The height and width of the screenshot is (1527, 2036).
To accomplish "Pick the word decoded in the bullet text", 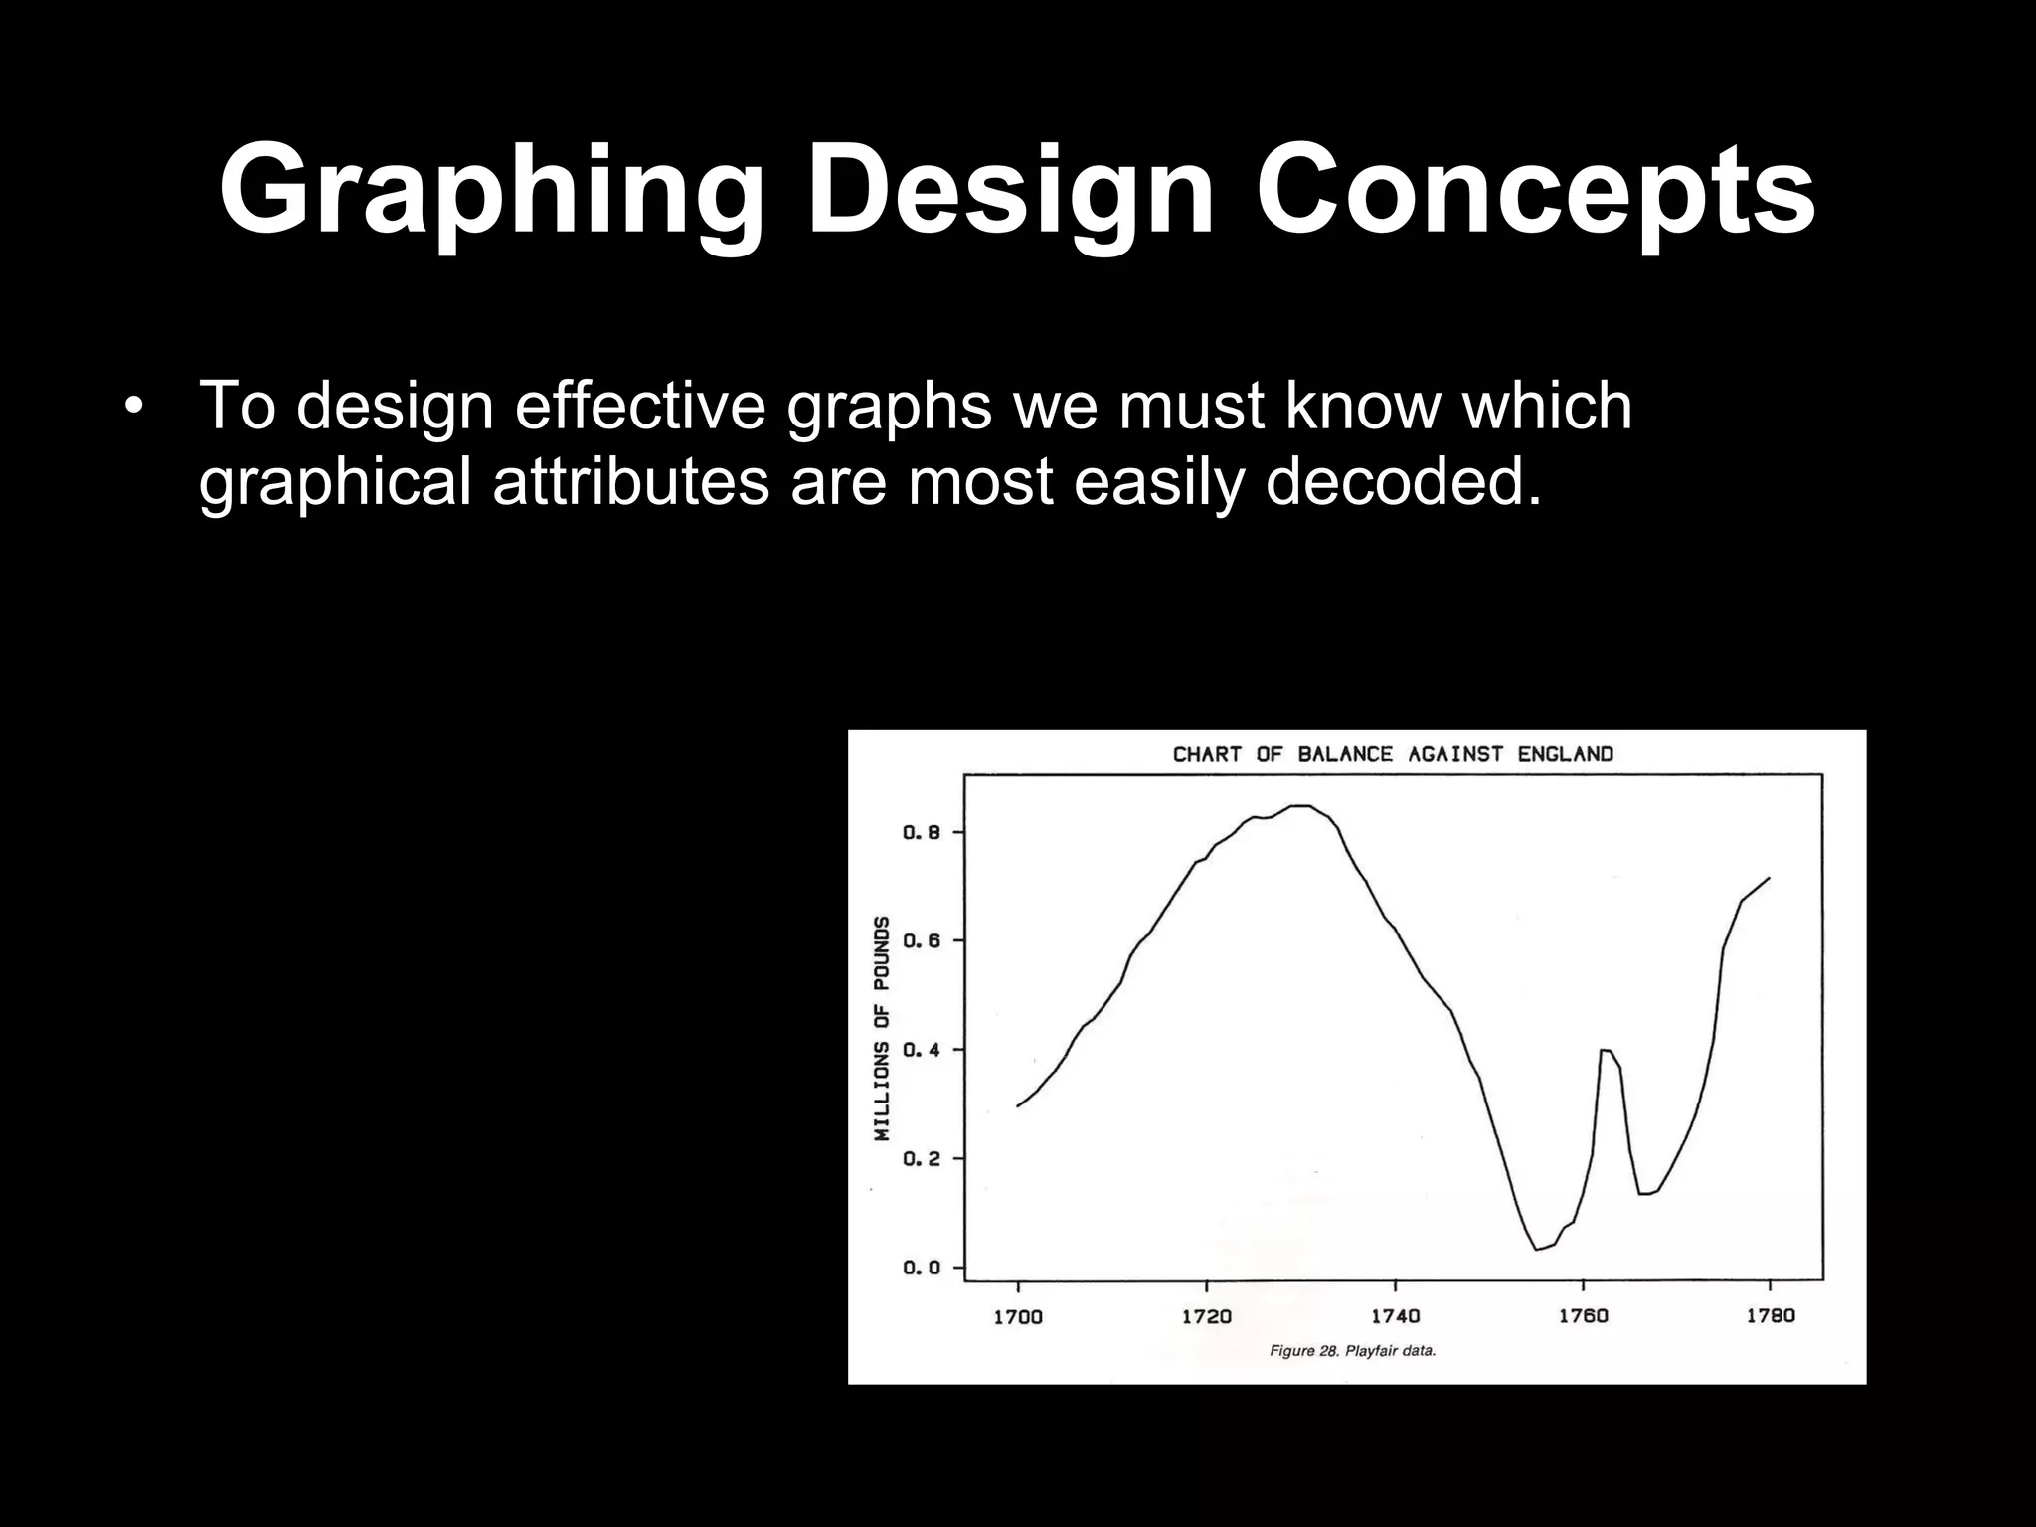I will click(x=1403, y=481).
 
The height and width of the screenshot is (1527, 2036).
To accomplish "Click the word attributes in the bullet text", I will click(x=631, y=481).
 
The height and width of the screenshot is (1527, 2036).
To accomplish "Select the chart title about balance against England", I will click(x=1393, y=754).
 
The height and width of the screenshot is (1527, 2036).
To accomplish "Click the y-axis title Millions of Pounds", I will click(x=881, y=1029).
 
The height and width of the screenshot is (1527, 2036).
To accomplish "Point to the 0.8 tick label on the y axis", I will click(x=922, y=832).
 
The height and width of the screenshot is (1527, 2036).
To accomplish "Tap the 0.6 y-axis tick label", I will click(x=922, y=940).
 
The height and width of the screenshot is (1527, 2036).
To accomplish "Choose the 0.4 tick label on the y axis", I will click(x=922, y=1050).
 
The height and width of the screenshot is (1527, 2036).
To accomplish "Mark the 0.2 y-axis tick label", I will click(x=922, y=1159).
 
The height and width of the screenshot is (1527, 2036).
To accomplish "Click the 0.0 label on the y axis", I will click(x=922, y=1268).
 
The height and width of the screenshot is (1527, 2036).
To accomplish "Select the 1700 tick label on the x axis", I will click(x=1018, y=1316).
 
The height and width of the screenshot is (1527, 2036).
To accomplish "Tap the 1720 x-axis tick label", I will click(x=1206, y=1316).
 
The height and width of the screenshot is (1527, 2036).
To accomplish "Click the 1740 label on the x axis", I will click(x=1395, y=1316).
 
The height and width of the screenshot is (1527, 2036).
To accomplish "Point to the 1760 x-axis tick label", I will click(x=1583, y=1316).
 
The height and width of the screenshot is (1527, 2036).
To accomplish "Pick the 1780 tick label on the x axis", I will click(x=1771, y=1316).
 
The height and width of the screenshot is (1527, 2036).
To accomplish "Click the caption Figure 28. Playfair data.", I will click(x=1352, y=1352).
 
